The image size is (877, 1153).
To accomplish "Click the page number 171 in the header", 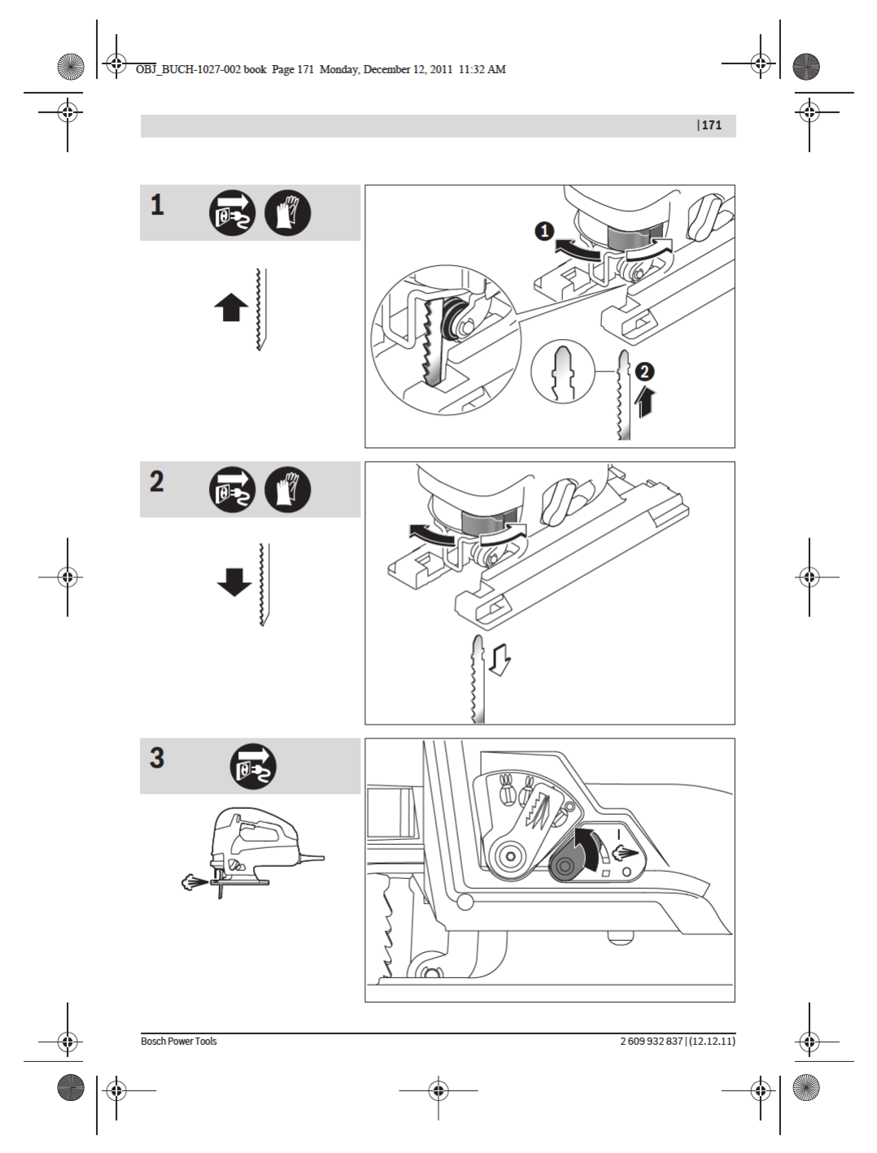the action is (x=711, y=125).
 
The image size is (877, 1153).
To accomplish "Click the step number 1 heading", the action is (x=157, y=205).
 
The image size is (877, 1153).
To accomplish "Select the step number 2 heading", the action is (x=157, y=481).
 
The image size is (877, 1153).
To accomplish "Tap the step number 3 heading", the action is (x=157, y=758).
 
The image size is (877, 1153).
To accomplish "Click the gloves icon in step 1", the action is (x=287, y=213).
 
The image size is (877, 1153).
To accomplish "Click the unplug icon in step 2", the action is (x=232, y=490).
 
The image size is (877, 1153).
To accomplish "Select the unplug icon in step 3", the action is (x=253, y=766).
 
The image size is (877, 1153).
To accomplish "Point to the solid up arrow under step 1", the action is (x=231, y=307).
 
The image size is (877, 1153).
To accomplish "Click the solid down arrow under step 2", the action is (x=233, y=581).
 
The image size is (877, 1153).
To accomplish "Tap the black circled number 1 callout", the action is (x=544, y=232).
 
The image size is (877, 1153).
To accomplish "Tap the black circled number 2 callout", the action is (x=644, y=372).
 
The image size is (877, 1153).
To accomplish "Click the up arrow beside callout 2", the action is (x=644, y=402).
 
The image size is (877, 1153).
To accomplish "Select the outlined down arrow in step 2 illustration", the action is (x=500, y=659).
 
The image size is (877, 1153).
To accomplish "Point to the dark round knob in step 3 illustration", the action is (x=567, y=865).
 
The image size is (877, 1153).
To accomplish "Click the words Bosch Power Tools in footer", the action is (x=179, y=1042).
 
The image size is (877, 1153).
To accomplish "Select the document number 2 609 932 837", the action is (x=651, y=1042).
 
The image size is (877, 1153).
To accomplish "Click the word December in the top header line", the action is (x=386, y=70).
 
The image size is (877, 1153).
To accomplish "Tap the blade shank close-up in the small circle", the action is (x=563, y=372).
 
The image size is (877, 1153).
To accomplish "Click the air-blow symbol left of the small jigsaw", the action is (x=194, y=882).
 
